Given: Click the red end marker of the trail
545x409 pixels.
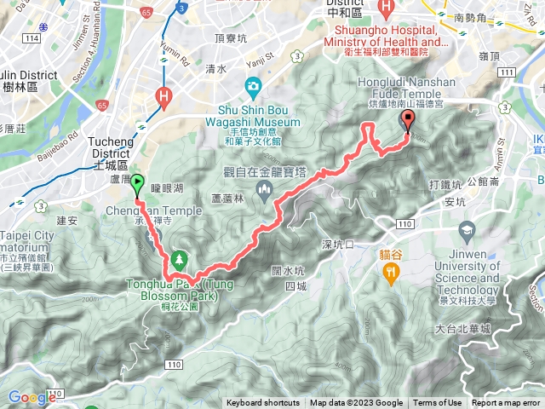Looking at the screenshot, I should (408, 120).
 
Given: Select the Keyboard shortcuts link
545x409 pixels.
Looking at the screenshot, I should (263, 403).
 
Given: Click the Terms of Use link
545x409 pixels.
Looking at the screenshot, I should (438, 403).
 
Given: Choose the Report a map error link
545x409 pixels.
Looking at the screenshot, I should (506, 403).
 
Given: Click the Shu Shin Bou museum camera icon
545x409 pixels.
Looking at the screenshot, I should (253, 86).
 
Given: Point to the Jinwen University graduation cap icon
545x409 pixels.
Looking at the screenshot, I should (467, 231).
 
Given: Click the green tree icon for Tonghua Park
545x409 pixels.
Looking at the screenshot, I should (179, 258).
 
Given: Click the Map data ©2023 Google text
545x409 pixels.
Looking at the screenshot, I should (356, 403).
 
